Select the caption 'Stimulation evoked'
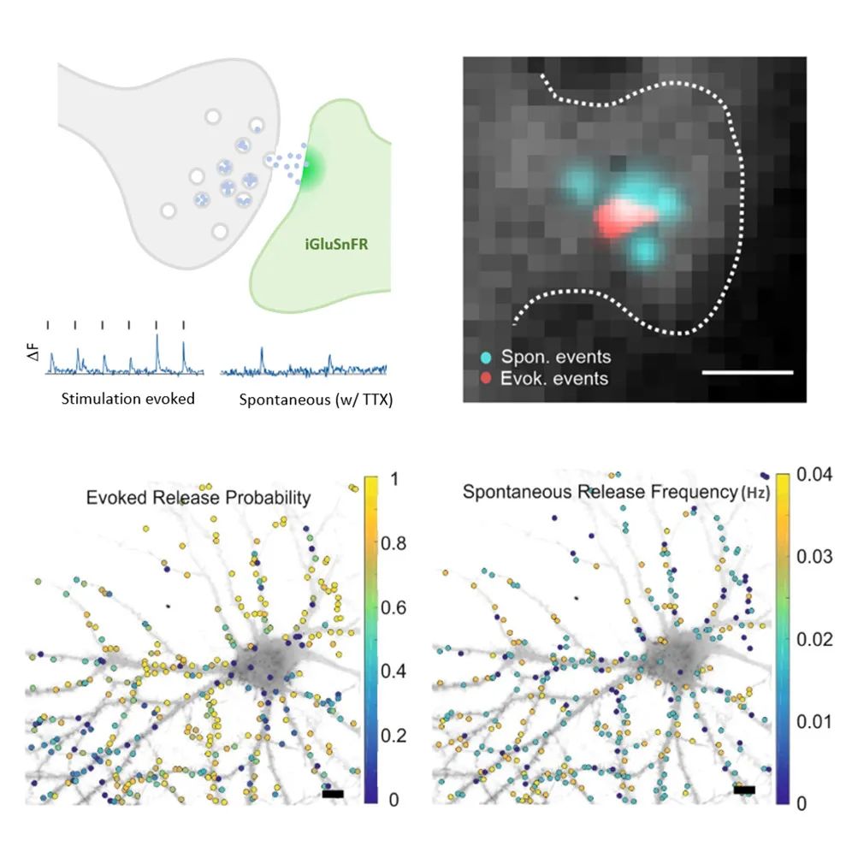pos(128,399)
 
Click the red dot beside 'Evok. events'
pos(486,377)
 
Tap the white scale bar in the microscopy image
pos(748,373)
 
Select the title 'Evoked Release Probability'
pos(198,498)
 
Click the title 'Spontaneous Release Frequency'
pos(599,493)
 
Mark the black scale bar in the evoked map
pos(334,795)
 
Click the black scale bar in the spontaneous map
pos(744,790)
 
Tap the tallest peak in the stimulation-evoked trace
pos(157,338)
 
